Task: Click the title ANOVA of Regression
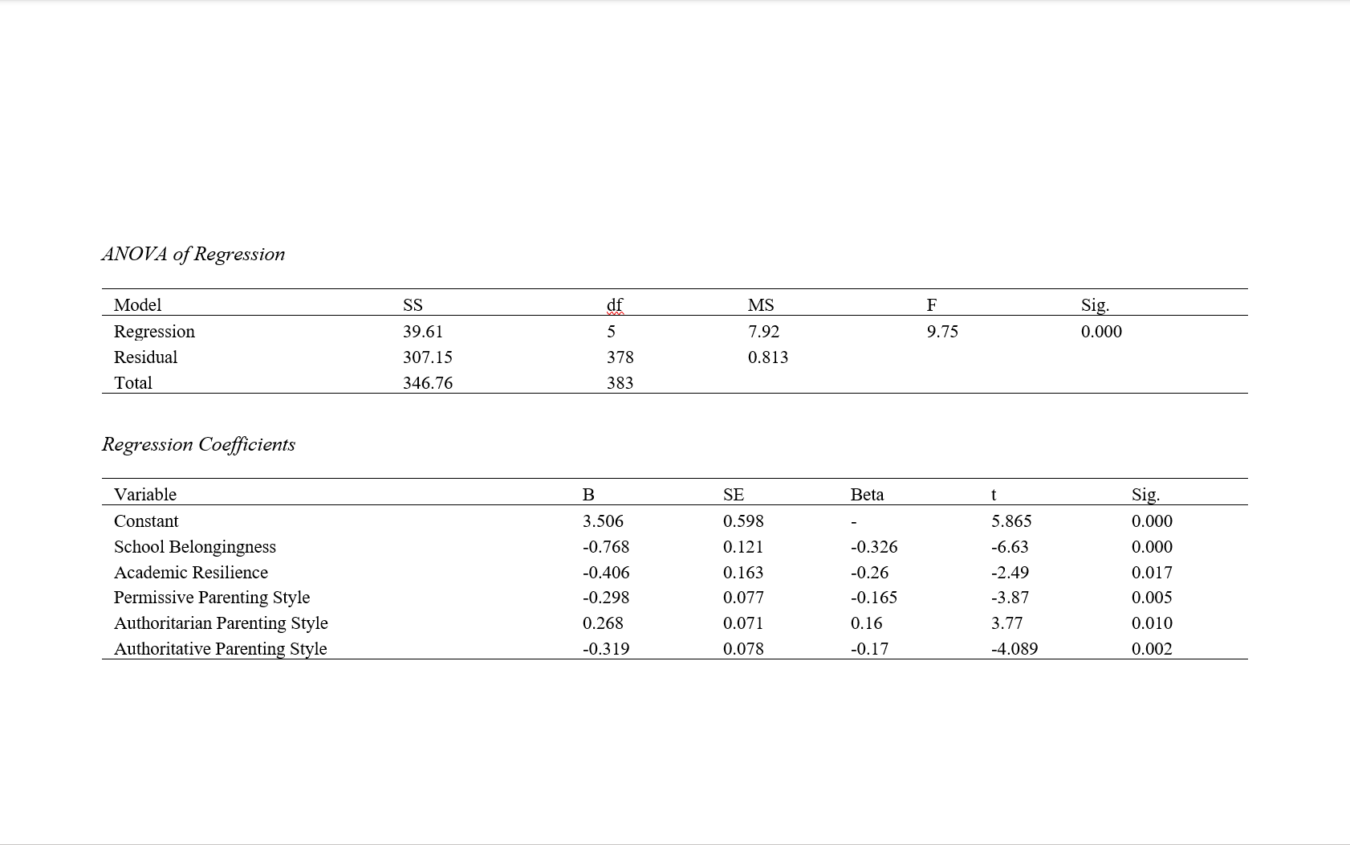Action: [193, 254]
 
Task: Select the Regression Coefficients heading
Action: [198, 444]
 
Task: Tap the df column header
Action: [615, 304]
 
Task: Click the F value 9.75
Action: [942, 331]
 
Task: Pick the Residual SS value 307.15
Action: [427, 357]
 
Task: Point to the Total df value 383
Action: [620, 382]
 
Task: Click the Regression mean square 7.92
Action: [763, 331]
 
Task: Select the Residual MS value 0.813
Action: [767, 357]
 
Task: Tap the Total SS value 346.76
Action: [427, 382]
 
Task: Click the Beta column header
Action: [867, 494]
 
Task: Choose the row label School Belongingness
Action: [194, 546]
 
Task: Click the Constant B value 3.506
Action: [603, 520]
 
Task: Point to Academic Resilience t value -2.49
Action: [1010, 572]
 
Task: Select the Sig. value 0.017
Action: [1152, 572]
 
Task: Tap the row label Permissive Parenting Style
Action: [211, 597]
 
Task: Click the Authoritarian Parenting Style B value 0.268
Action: [603, 623]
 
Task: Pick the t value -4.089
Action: [1015, 648]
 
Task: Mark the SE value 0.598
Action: [743, 520]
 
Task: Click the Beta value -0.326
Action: [874, 546]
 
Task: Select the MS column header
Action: [761, 304]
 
